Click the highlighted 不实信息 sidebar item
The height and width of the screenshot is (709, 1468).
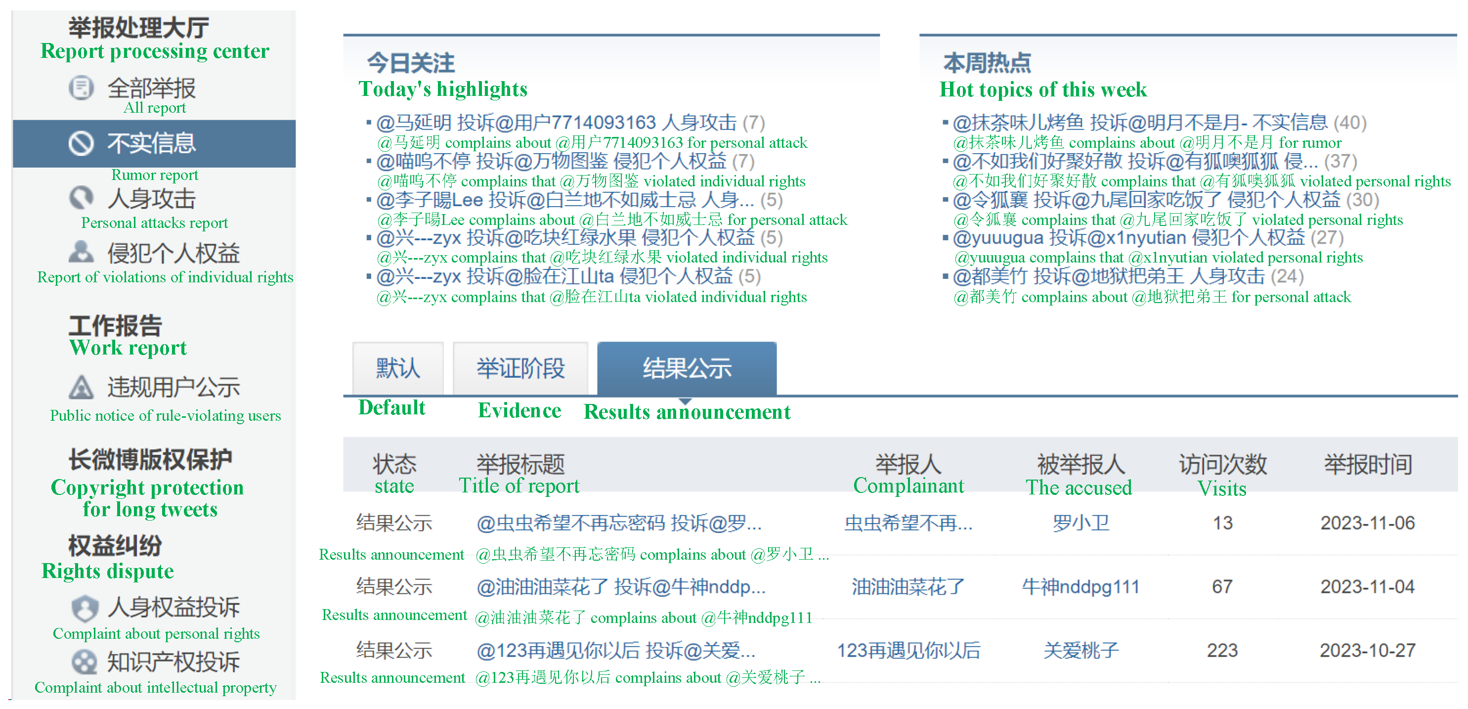click(x=152, y=143)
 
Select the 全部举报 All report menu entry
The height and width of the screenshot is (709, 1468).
click(x=152, y=89)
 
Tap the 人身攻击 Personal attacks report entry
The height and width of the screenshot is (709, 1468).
click(x=152, y=199)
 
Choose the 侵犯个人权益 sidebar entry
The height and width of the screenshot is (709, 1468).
click(x=173, y=254)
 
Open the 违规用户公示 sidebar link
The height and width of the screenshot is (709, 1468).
click(x=173, y=388)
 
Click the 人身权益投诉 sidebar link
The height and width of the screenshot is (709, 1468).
click(x=173, y=608)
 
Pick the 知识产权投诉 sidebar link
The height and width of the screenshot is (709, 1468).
click(x=173, y=662)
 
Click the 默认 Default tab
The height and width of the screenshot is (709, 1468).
click(x=398, y=368)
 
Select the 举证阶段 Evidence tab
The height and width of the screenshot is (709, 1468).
click(x=520, y=368)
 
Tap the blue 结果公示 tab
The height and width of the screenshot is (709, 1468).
click(x=687, y=368)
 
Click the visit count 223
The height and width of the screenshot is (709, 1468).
click(x=1222, y=650)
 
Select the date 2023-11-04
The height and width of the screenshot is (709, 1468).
click(x=1368, y=586)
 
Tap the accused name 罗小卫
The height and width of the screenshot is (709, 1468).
click(x=1080, y=523)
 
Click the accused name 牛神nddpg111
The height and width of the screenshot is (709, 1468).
click(x=1080, y=586)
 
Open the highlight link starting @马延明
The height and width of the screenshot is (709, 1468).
click(x=556, y=123)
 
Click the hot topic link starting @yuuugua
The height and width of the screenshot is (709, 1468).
click(x=1128, y=238)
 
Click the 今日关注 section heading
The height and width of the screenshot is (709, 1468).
click(x=410, y=63)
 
